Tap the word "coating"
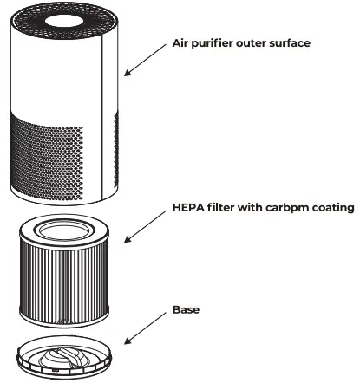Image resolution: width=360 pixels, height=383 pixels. coord(329,207)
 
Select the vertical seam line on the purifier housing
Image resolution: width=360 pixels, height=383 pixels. coord(103,113)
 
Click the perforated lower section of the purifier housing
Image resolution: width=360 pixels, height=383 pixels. coord(52,152)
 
